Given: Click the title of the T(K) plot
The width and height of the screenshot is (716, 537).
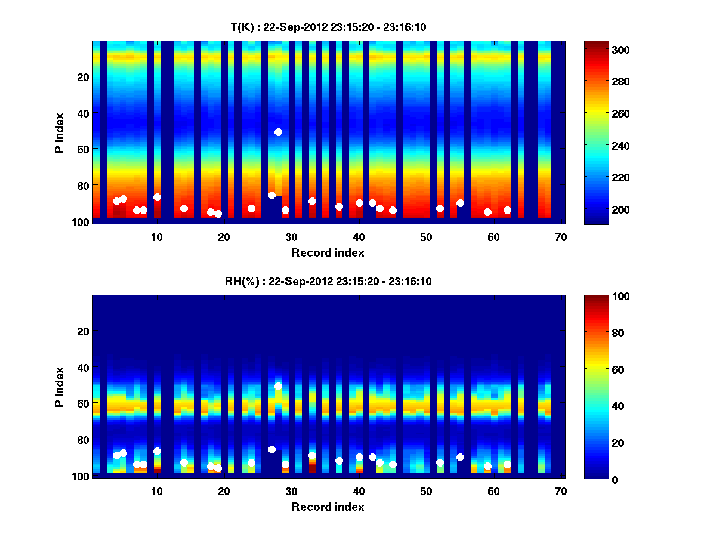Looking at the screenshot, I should click(x=328, y=27).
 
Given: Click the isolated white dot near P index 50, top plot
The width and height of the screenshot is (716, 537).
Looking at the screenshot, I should click(x=278, y=132).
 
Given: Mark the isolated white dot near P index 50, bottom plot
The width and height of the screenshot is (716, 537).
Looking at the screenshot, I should click(x=278, y=386).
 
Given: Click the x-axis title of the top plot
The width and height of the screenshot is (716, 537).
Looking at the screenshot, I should click(x=328, y=252).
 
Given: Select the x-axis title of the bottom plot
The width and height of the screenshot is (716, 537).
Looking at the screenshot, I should click(x=328, y=507).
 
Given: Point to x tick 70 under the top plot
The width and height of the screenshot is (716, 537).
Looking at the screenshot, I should click(x=560, y=237).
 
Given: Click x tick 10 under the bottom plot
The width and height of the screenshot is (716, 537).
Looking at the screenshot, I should click(x=156, y=491).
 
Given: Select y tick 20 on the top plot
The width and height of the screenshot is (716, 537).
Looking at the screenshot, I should click(x=83, y=77).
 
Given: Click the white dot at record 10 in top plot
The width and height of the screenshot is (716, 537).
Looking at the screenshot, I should click(x=157, y=197).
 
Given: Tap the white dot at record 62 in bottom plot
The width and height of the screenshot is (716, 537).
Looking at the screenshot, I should click(x=507, y=464).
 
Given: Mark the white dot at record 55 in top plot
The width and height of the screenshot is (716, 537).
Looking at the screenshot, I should click(x=460, y=203).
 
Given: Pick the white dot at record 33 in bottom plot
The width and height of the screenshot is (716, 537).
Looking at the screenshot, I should click(x=312, y=455).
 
